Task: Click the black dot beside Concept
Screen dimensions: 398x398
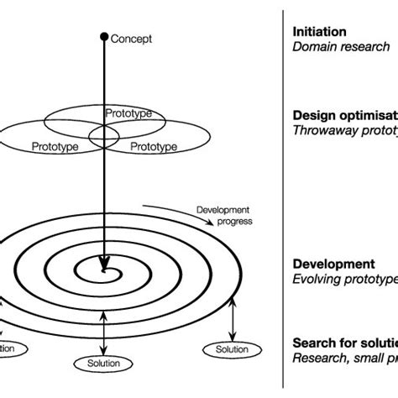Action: point(104,36)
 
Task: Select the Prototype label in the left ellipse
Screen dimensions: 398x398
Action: point(56,146)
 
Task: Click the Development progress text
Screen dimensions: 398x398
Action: point(224,216)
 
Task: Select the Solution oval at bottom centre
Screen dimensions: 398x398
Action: point(103,364)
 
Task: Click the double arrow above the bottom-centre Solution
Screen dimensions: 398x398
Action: point(103,333)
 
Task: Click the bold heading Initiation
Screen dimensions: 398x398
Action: point(319,32)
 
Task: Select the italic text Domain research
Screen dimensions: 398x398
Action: point(341,47)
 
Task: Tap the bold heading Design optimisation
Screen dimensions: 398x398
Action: point(345,115)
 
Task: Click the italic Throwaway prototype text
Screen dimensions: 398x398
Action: point(345,130)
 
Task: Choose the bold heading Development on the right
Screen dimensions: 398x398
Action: point(333,264)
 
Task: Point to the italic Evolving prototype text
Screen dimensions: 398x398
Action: point(344,279)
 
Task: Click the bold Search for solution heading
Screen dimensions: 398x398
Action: point(345,343)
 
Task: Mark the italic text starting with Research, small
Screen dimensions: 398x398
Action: point(345,358)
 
